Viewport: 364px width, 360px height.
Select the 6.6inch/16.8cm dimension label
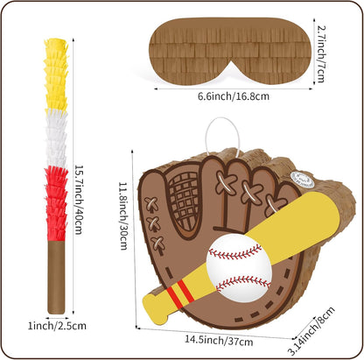234,96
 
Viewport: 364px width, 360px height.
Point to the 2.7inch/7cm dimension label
321,54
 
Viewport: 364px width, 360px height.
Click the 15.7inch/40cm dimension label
80,200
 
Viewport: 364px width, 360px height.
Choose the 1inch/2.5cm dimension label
57,326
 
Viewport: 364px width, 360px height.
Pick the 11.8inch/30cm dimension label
124,216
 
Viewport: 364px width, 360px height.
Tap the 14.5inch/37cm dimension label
219,341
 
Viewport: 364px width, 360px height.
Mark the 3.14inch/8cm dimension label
311,331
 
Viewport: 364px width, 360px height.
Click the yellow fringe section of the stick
56,75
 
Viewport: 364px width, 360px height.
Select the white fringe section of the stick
56,138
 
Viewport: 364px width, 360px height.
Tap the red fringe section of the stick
56,204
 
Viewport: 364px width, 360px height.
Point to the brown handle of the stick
56,277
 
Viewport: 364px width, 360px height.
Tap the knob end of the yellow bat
155,309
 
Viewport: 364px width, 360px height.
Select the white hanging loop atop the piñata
222,135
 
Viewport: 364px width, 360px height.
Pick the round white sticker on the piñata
303,179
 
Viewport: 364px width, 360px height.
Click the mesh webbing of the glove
185,201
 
